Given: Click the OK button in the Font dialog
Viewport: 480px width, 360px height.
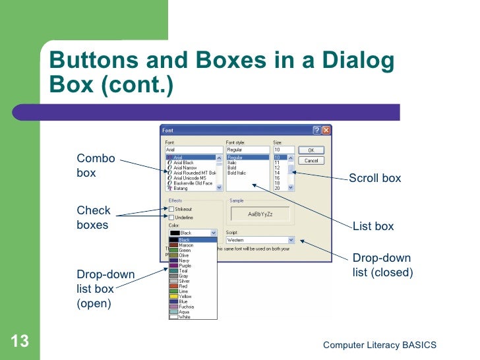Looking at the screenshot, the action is tap(311, 150).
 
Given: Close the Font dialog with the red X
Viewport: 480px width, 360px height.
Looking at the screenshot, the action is tap(326, 131).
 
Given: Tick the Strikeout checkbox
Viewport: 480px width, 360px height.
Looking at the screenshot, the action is tap(171, 209).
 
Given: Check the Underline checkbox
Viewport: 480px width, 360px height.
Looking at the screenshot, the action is tap(171, 217).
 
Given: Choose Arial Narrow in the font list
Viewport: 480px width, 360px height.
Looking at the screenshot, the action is tap(188, 167).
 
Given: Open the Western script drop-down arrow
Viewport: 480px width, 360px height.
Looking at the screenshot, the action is tap(290, 241).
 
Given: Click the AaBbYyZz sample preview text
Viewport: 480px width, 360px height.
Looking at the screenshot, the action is tap(260, 215).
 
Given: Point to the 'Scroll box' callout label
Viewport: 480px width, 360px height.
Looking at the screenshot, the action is tap(375, 178).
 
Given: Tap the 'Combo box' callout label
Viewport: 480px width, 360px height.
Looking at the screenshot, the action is tap(96, 165).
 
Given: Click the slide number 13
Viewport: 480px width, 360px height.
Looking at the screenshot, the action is tap(20, 342).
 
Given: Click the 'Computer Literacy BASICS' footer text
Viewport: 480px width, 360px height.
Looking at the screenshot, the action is tap(380, 345).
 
